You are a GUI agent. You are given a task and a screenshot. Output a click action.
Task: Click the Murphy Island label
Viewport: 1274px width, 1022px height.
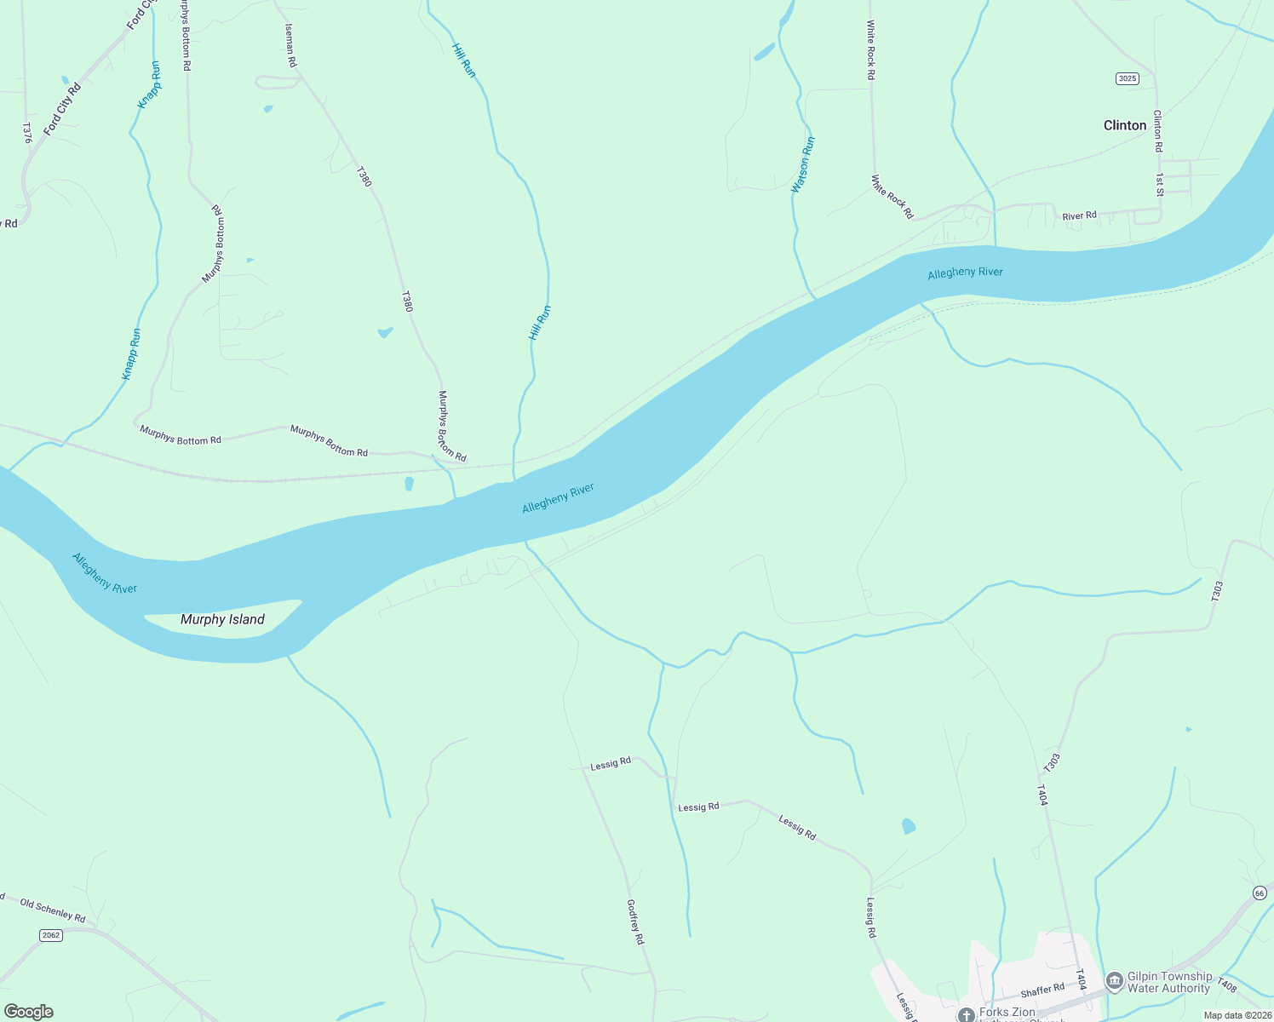pyautogui.click(x=222, y=619)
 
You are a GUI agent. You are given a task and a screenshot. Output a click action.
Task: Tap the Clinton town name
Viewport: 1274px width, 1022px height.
pyautogui.click(x=1125, y=125)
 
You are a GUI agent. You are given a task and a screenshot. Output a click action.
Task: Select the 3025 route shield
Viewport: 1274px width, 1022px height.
pyautogui.click(x=1127, y=78)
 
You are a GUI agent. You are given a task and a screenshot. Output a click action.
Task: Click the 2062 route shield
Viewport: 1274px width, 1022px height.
pyautogui.click(x=51, y=935)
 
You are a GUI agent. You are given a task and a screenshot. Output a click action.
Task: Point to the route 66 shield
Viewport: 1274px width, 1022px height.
pyautogui.click(x=1260, y=893)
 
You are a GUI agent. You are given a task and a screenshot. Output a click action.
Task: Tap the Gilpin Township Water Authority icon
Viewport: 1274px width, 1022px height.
pyautogui.click(x=1114, y=981)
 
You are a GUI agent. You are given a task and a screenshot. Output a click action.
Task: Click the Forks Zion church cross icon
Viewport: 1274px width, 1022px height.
pyautogui.click(x=966, y=1013)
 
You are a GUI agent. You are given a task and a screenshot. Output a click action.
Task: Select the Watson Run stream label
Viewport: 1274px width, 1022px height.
pyautogui.click(x=802, y=164)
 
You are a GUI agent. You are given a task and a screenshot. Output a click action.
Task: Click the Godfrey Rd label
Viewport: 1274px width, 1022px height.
pyautogui.click(x=635, y=922)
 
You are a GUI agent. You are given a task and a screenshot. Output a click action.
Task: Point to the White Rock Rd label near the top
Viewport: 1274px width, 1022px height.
pyautogui.click(x=870, y=51)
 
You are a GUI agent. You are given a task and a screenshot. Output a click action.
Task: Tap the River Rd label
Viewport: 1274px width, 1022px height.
pyautogui.click(x=1079, y=216)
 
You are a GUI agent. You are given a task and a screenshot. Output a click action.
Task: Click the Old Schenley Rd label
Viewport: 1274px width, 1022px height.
pyautogui.click(x=53, y=910)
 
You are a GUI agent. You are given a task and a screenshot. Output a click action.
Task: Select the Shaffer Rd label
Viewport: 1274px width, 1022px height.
pyautogui.click(x=1042, y=990)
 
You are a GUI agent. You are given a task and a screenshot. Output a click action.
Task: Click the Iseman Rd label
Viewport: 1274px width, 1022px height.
pyautogui.click(x=290, y=45)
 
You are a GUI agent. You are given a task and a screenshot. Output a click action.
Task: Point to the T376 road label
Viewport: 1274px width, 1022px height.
pyautogui.click(x=26, y=132)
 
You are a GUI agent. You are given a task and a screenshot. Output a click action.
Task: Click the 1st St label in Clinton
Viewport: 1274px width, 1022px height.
pyautogui.click(x=1159, y=185)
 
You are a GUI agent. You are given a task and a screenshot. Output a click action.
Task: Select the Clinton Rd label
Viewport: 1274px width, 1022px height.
pyautogui.click(x=1157, y=130)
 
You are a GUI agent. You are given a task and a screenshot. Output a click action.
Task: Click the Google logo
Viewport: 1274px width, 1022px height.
pyautogui.click(x=28, y=1012)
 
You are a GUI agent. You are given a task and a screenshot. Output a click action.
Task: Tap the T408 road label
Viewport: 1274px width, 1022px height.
pyautogui.click(x=1226, y=985)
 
